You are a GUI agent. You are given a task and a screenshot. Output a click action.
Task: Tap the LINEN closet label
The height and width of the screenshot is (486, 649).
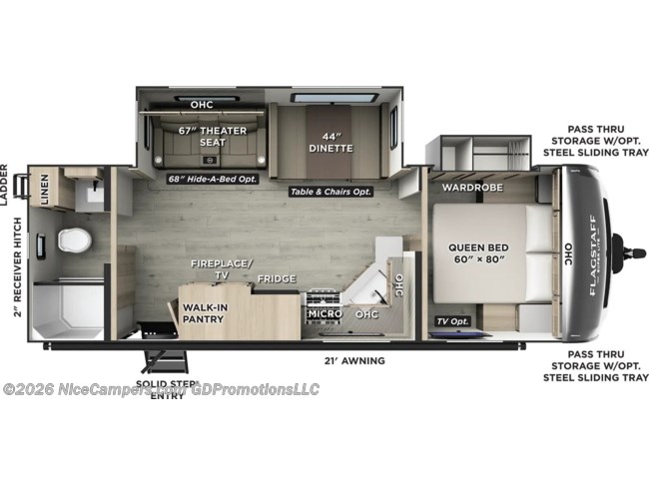pyautogui.click(x=45, y=189)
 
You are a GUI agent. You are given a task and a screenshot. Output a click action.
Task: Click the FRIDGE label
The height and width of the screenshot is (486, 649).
pyautogui.click(x=277, y=278)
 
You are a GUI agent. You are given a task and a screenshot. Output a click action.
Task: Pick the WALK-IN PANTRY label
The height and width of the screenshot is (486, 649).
pyautogui.click(x=203, y=312)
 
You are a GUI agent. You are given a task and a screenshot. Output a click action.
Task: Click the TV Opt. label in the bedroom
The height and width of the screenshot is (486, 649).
pyautogui.click(x=453, y=321)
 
